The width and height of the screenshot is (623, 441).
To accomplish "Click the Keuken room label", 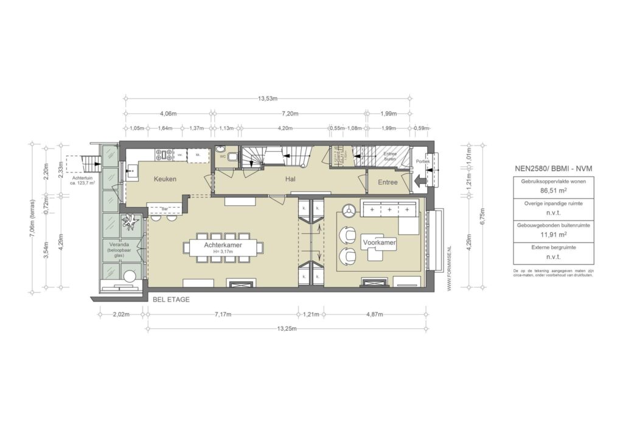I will tap(165, 180).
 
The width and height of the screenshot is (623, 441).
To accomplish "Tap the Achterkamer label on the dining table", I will tap(224, 243).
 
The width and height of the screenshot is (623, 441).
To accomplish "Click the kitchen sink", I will tap(131, 171).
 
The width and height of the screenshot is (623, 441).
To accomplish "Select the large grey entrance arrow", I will tap(419, 182).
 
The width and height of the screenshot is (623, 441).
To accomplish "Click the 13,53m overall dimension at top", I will tap(268, 98).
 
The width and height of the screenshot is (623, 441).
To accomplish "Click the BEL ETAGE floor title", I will tap(172, 300).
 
